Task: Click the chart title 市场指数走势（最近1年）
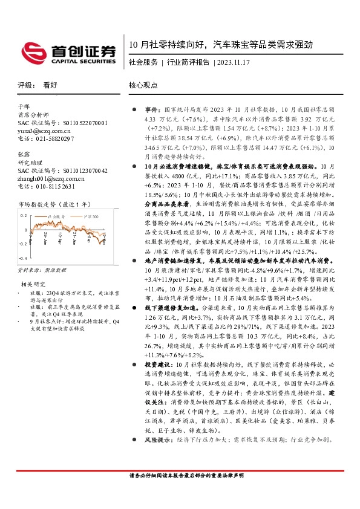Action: (x=56, y=206)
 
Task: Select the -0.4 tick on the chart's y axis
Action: (x=22, y=259)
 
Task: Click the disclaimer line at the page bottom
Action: (x=180, y=475)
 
